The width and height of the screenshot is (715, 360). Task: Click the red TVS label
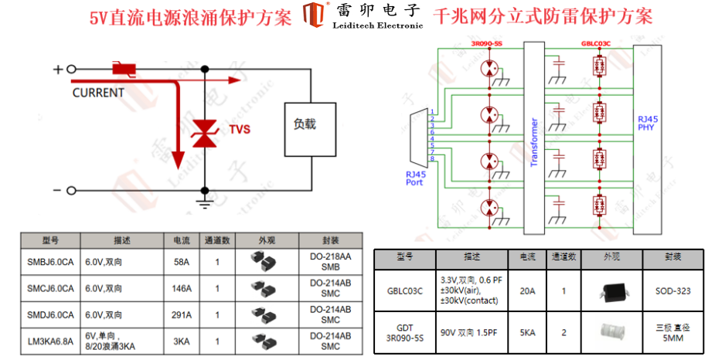[238, 130]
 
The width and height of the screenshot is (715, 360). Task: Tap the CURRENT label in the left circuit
[98, 93]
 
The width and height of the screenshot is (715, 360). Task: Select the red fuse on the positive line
[124, 70]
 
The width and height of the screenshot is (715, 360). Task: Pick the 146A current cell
[182, 288]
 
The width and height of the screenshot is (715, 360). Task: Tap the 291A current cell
[182, 314]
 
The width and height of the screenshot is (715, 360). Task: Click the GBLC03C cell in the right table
[405, 291]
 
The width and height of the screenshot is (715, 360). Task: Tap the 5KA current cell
[528, 332]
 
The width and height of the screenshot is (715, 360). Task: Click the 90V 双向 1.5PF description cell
[472, 332]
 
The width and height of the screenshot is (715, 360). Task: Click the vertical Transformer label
[534, 142]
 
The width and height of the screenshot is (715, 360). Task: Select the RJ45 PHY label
[647, 123]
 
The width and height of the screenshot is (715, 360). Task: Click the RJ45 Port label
[416, 178]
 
